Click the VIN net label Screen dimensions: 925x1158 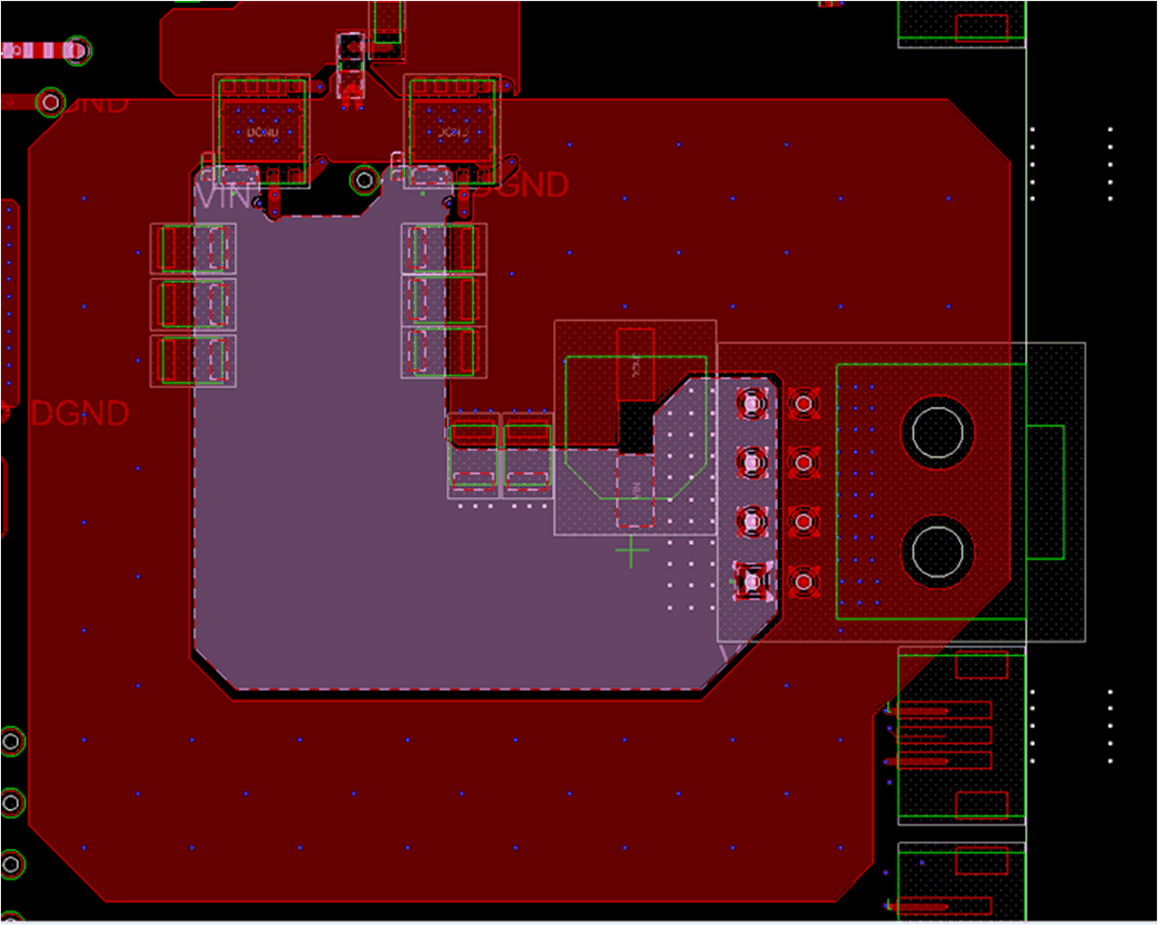pyautogui.click(x=223, y=195)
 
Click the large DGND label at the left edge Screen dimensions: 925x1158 pyautogui.click(x=79, y=414)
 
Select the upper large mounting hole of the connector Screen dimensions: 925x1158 pyautogui.click(x=938, y=433)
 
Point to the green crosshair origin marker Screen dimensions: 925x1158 pyautogui.click(x=632, y=552)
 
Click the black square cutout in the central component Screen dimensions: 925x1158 pyautogui.click(x=636, y=426)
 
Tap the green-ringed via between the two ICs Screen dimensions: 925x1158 pyautogui.click(x=364, y=180)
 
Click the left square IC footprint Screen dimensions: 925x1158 pyautogui.click(x=262, y=130)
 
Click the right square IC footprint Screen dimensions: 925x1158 pyautogui.click(x=452, y=130)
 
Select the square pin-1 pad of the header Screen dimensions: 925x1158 pyautogui.click(x=752, y=581)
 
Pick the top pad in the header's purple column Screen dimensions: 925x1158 pyautogui.click(x=752, y=404)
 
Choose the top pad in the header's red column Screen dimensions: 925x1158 pyautogui.click(x=804, y=404)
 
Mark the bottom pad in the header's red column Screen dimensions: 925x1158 pyautogui.click(x=804, y=582)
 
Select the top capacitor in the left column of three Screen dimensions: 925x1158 pyautogui.click(x=194, y=248)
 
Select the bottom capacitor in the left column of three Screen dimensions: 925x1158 pyautogui.click(x=194, y=360)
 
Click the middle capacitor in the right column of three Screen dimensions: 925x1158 pyautogui.click(x=443, y=301)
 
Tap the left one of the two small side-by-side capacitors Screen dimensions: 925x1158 pyautogui.click(x=473, y=456)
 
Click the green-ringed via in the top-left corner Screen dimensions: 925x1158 pyautogui.click(x=78, y=50)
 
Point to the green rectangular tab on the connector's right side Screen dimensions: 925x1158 pyautogui.click(x=1045, y=492)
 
